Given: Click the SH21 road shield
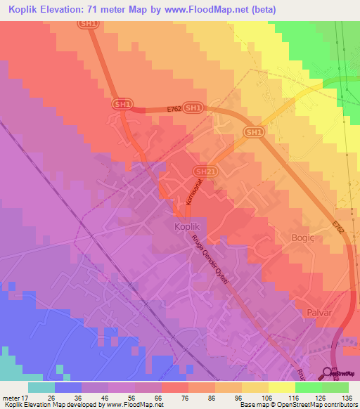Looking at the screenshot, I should coord(203,171).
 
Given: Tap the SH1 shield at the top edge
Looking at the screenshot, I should coord(88,23).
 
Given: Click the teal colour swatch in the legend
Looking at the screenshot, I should coord(41,387).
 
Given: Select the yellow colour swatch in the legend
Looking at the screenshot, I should coord(281,387).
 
